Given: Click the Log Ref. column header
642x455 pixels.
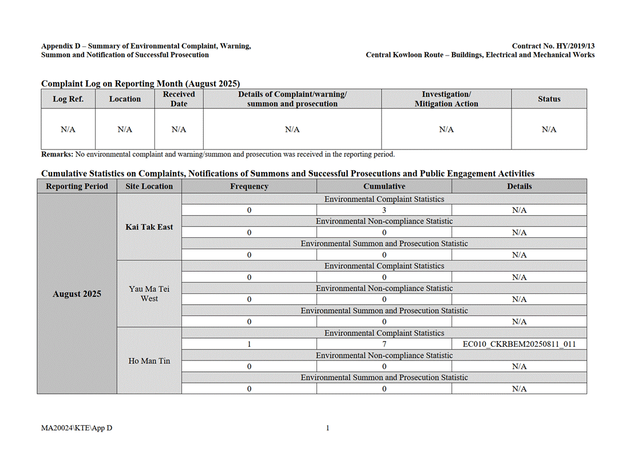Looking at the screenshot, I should point(68,99).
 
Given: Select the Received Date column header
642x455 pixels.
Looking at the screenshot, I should point(179,99).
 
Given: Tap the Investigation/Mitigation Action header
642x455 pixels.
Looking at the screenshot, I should point(446,99).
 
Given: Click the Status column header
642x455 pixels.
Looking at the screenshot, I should point(549,99).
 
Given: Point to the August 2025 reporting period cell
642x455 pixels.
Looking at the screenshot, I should point(77,294).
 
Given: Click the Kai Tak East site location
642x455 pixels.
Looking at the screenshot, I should point(149,227).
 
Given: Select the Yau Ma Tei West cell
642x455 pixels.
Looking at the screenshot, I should point(149,294).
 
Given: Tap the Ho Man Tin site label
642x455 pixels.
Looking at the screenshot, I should point(149,361).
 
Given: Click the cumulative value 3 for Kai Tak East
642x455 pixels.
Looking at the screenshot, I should point(384,210).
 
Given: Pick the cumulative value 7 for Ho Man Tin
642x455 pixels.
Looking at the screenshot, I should point(384,344).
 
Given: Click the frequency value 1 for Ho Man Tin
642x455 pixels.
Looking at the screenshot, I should point(249,344).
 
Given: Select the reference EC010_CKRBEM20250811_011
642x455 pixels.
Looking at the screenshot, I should point(519,344).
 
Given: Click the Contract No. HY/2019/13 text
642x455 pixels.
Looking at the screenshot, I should point(553,46).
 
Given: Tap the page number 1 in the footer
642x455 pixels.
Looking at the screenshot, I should point(327,427).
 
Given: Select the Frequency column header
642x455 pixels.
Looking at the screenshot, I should point(249,186).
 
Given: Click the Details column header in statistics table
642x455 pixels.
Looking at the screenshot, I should point(519,186).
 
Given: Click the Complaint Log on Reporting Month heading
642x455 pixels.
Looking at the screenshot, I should point(140,84).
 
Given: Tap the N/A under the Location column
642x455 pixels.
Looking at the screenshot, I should point(125,130).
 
